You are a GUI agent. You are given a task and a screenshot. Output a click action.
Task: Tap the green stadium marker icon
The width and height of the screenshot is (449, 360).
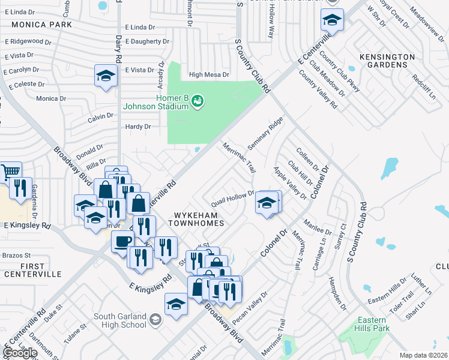point(197,103)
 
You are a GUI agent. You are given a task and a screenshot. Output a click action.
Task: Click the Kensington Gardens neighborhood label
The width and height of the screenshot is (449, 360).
point(387,60)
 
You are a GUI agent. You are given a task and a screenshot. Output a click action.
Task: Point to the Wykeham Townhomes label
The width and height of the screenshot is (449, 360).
point(199,218)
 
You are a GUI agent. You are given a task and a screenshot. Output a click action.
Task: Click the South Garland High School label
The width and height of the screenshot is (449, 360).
point(120,320)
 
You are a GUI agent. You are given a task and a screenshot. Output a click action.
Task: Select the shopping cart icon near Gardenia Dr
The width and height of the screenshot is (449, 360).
point(10,172)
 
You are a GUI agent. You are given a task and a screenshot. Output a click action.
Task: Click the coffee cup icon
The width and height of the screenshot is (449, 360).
point(122,241)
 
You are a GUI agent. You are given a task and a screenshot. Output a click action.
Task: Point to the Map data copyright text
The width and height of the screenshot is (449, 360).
point(423,355)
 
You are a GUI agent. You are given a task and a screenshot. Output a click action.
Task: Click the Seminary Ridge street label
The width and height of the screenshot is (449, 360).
point(265,134)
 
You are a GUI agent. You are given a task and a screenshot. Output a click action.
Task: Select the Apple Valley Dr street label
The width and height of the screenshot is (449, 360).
point(290,184)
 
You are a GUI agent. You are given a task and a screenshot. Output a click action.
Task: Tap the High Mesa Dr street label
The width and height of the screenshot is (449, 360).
point(209,75)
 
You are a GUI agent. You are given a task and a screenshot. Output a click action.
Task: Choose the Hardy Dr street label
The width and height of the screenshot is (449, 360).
point(138,127)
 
